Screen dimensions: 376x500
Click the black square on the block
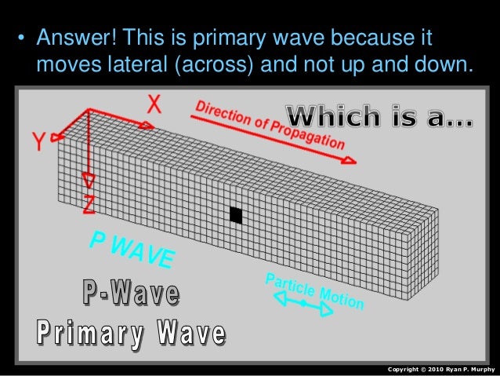click(x=236, y=214)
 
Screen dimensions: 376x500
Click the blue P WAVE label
click(x=134, y=249)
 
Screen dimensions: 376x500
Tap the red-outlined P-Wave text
click(x=131, y=294)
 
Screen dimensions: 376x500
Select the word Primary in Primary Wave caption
click(x=89, y=334)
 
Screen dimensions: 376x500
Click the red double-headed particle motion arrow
click(x=303, y=304)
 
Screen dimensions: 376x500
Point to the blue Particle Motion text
click(x=313, y=290)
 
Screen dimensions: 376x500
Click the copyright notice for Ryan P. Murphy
click(x=441, y=368)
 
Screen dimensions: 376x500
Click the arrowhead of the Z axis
click(x=89, y=183)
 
